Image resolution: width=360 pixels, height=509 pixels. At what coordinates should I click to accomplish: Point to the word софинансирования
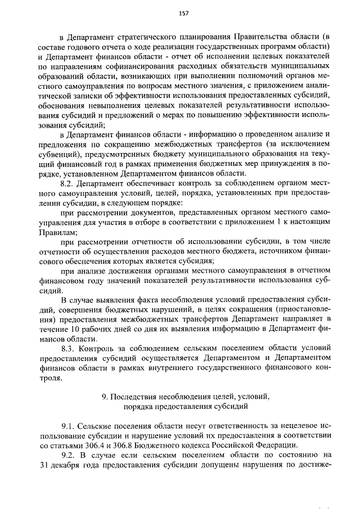(x=134, y=66)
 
